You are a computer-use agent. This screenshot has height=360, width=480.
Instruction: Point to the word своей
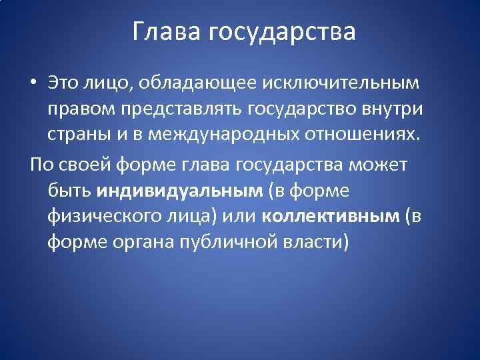pyautogui.click(x=79, y=164)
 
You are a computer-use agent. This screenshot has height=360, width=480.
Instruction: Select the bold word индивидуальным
pyautogui.click(x=179, y=191)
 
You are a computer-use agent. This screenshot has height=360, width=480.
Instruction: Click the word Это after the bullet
pyautogui.click(x=63, y=83)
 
